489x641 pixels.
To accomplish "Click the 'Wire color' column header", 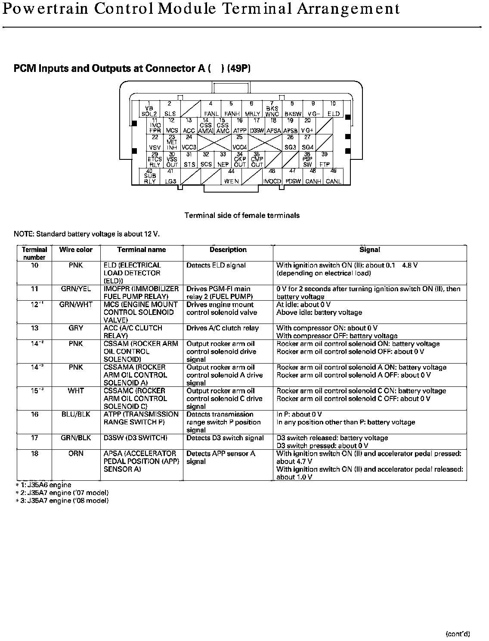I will pos(76,250).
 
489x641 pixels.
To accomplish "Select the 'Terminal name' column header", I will pos(141,250).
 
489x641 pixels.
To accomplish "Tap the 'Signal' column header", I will pos(369,250).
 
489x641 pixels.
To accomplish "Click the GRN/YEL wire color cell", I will pos(76,289).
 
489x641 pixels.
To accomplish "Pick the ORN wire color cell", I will pos(76,454).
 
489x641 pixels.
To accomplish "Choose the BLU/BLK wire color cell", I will pos(76,414).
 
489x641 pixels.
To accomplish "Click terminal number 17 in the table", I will pos(34,438).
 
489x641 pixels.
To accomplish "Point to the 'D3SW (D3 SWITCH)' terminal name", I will pos(135,438).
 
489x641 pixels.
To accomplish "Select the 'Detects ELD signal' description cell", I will pos(216,265).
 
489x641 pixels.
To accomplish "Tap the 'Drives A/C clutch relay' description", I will pos(223,328).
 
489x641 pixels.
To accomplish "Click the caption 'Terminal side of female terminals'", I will pos(242,215).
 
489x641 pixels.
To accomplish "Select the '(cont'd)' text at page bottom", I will pos(458,634).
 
